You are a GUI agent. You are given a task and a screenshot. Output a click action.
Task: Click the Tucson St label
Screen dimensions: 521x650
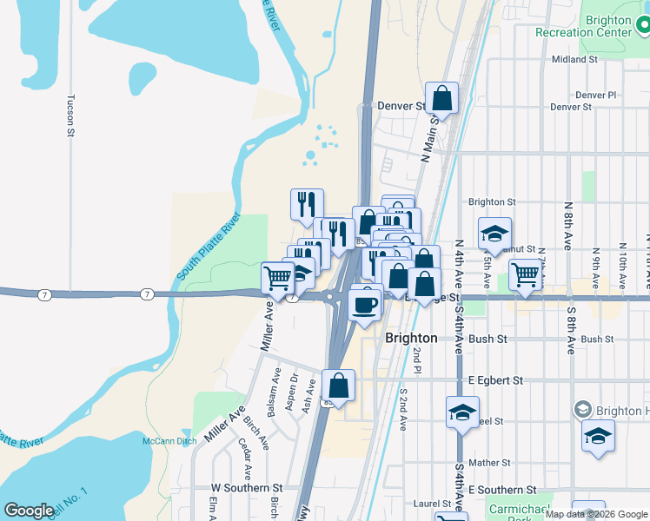coord(71,115)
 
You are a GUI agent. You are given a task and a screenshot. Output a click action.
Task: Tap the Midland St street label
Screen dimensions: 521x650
coord(575,60)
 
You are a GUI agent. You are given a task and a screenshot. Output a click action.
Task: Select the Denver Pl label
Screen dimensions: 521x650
coord(595,95)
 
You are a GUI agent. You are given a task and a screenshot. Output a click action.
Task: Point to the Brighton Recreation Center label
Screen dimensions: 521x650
coord(608,26)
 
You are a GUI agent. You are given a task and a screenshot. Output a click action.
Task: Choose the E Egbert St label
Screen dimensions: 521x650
coord(495,380)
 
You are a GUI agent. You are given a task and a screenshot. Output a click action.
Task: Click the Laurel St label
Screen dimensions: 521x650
coord(431,503)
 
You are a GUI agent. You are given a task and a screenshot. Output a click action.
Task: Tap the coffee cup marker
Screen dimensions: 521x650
coord(364,304)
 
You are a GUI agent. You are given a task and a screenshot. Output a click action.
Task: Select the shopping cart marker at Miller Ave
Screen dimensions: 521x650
coord(277,278)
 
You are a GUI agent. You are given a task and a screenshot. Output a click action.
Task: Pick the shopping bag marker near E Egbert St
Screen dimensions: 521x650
coord(338,385)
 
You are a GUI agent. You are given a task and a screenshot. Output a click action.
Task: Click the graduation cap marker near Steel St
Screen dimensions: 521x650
coord(462,412)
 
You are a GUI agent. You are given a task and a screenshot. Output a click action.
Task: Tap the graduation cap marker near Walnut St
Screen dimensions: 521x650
coord(494,233)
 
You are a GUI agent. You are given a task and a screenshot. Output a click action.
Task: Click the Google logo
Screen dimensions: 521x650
coord(29,511)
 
